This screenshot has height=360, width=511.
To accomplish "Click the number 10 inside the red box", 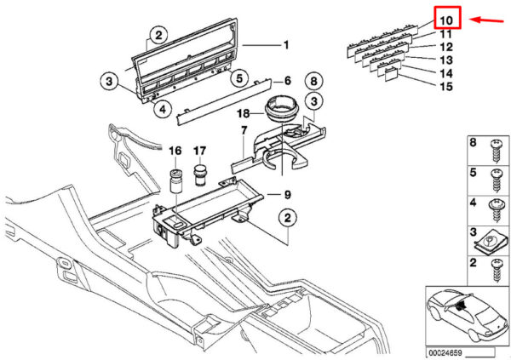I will point(447,18).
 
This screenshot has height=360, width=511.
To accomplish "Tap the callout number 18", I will point(242,113).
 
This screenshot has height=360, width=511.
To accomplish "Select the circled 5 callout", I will point(241,78).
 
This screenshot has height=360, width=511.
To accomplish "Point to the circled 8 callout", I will point(313,82).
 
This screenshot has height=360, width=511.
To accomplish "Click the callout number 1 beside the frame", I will point(286,44).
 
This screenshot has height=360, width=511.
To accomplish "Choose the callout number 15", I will point(446,87).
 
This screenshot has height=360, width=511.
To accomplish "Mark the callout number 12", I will point(446,46).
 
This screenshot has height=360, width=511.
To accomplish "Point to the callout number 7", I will point(243,131).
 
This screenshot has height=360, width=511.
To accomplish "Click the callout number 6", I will point(288,81).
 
